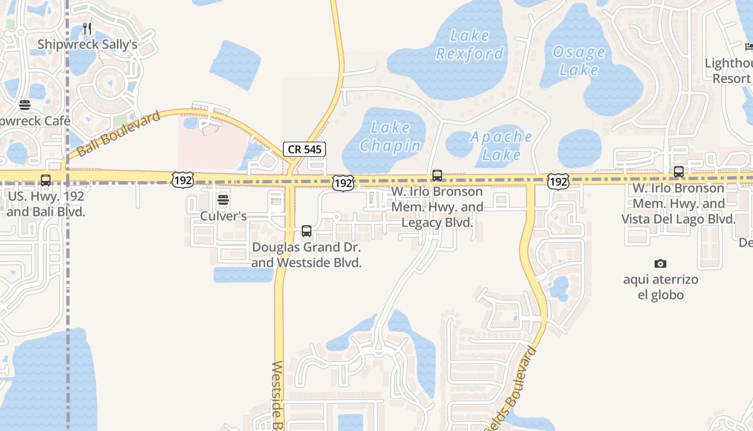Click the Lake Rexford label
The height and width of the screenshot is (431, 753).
pos(470,45)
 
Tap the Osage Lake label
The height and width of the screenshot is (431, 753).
pos(579,61)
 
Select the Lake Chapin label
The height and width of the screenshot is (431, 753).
pos(390,137)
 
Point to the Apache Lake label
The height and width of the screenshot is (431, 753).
pos(501,145)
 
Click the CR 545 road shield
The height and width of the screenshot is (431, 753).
pos(304,149)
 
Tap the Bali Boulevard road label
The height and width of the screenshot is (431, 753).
pos(120,134)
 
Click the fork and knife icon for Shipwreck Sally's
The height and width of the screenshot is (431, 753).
pos(87,29)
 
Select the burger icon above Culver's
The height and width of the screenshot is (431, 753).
pos(223,200)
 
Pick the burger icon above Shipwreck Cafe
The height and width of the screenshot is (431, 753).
pos(24,105)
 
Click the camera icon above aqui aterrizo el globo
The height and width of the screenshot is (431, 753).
pos(660,263)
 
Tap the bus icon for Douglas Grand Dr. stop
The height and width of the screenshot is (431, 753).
pos(307,231)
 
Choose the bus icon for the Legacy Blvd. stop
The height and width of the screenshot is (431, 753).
pos(437,176)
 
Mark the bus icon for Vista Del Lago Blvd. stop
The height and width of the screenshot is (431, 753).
pos(679,172)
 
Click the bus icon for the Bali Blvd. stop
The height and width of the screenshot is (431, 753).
pos(46,180)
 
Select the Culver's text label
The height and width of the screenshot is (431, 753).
pos(223,216)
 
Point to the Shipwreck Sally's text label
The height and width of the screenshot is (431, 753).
pos(88,45)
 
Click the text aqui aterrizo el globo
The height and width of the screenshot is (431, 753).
pos(660,287)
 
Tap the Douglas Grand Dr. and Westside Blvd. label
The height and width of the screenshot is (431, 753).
pos(307,255)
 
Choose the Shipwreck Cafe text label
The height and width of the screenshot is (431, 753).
pos(35,121)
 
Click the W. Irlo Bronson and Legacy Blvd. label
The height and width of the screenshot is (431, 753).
pos(437,207)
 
